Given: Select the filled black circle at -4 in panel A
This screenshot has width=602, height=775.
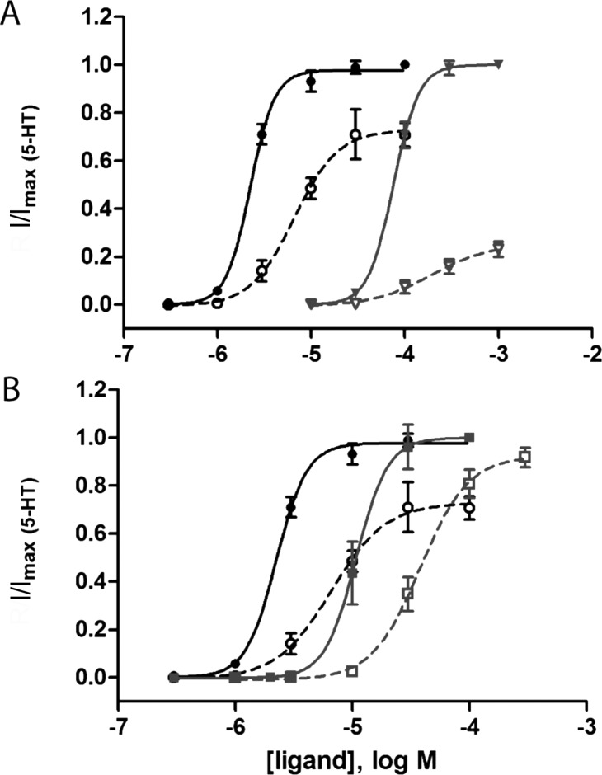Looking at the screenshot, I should click(x=405, y=64).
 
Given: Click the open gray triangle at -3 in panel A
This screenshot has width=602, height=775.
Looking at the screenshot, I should click(x=498, y=247).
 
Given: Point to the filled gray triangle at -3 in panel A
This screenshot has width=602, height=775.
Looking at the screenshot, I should click(x=498, y=64).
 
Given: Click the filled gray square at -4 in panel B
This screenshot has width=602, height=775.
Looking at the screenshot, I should click(x=469, y=437).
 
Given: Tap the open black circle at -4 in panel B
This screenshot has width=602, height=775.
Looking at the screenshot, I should click(x=469, y=508).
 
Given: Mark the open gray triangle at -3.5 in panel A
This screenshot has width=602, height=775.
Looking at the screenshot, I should click(x=449, y=265).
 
